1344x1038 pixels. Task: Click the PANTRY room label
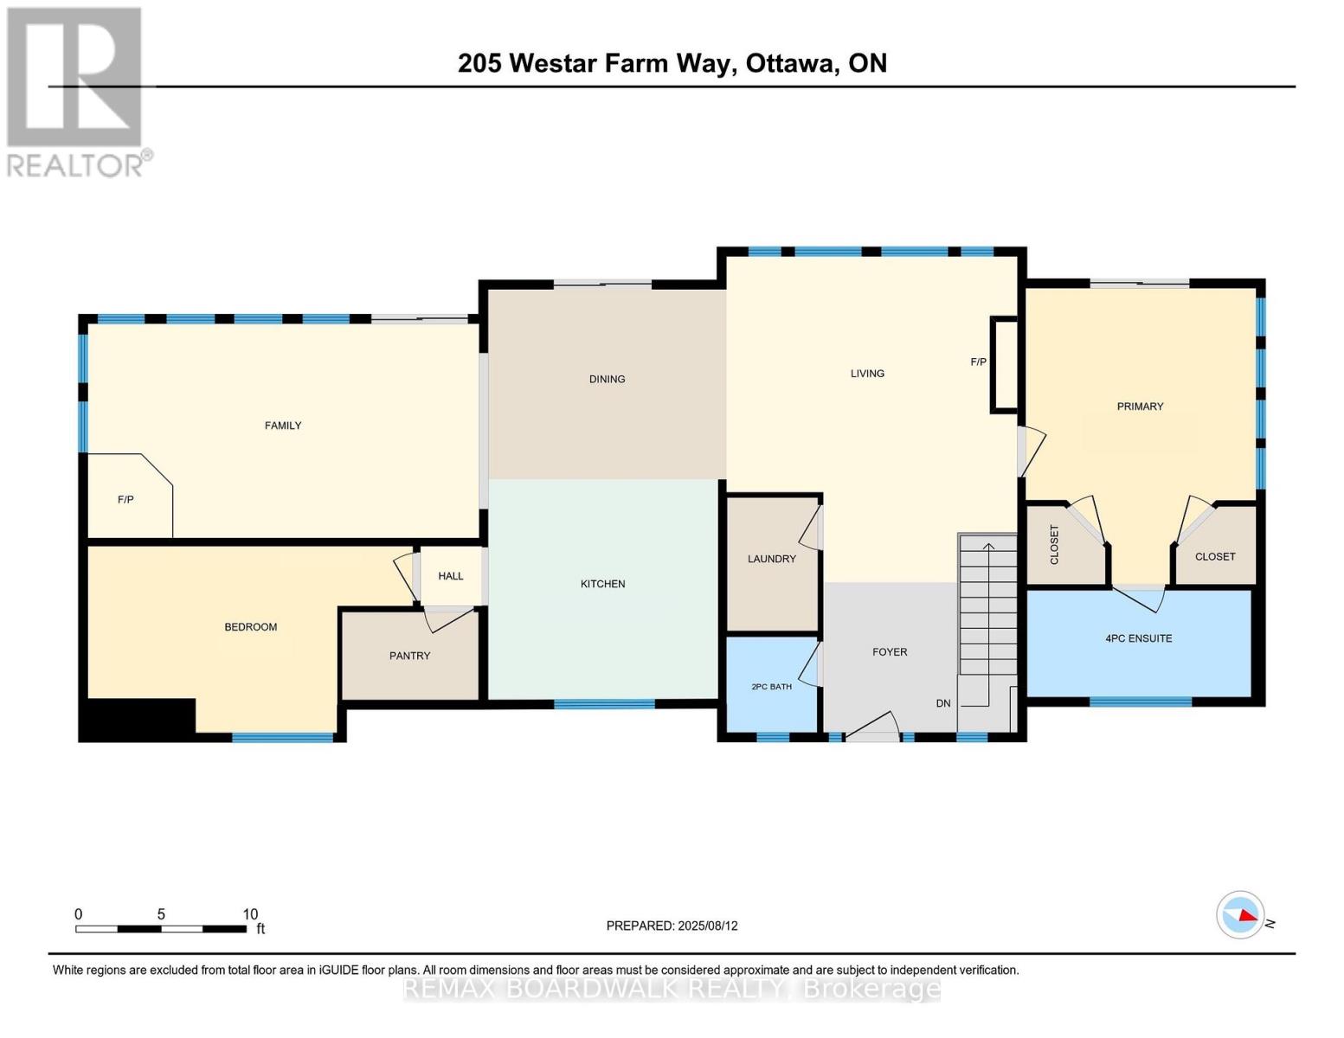(409, 656)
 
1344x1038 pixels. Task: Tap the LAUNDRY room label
(771, 559)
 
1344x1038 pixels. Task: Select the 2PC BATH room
(770, 686)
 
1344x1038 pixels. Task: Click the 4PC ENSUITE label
(1138, 638)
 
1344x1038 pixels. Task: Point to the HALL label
(450, 576)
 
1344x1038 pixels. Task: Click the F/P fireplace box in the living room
(1005, 363)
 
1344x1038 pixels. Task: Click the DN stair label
(943, 703)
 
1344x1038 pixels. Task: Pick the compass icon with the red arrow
(1240, 914)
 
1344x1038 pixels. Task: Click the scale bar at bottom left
(161, 929)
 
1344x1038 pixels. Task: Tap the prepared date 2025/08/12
(672, 926)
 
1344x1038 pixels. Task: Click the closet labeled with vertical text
(1064, 545)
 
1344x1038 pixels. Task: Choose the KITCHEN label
(602, 584)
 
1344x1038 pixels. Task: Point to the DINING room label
(607, 379)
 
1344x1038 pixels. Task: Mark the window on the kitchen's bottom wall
(604, 704)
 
